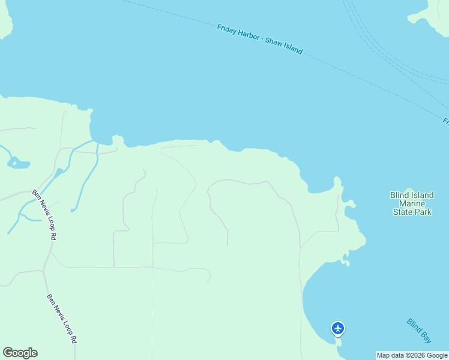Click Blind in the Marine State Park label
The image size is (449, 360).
click(399, 195)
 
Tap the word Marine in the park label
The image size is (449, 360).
click(412, 203)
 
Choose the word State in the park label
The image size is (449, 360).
click(403, 212)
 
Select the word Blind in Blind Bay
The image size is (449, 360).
click(414, 326)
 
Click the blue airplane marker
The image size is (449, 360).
click(338, 328)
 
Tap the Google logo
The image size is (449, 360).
click(20, 353)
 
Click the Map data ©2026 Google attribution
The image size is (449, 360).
click(412, 355)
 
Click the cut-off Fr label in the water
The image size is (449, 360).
click(446, 121)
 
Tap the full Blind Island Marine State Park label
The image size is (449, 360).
click(412, 203)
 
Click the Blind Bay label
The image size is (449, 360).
click(419, 331)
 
